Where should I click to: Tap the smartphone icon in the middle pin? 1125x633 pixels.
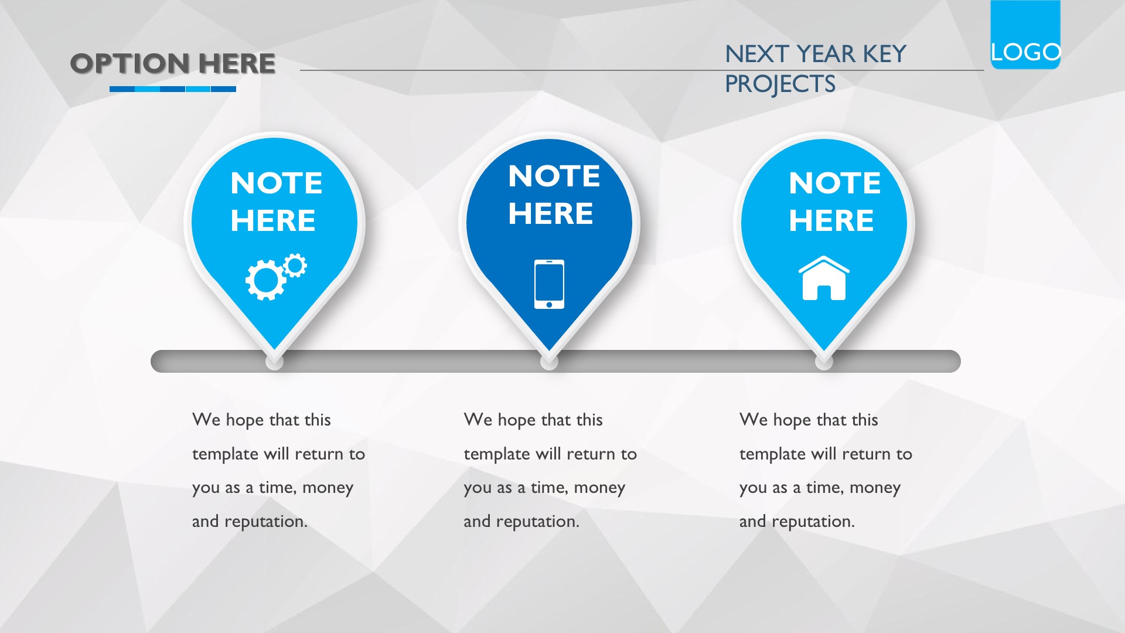coord(549,284)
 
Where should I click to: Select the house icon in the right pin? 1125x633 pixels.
coord(824,278)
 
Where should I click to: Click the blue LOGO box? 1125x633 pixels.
coord(1025,35)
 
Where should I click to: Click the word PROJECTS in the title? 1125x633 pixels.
coord(780,84)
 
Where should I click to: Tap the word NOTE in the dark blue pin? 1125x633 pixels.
coord(554,176)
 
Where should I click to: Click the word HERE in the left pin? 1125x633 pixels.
coord(273,220)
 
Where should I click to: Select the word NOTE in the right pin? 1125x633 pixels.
coord(835,183)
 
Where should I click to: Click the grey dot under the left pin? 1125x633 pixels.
coord(274,361)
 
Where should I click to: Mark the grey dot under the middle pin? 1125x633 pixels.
coord(549,361)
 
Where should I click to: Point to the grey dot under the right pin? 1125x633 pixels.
coord(824,361)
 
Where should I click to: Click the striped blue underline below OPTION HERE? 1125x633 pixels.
coord(173,89)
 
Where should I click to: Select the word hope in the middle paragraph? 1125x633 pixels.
coord(517,420)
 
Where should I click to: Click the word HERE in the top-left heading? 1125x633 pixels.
coord(237,63)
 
